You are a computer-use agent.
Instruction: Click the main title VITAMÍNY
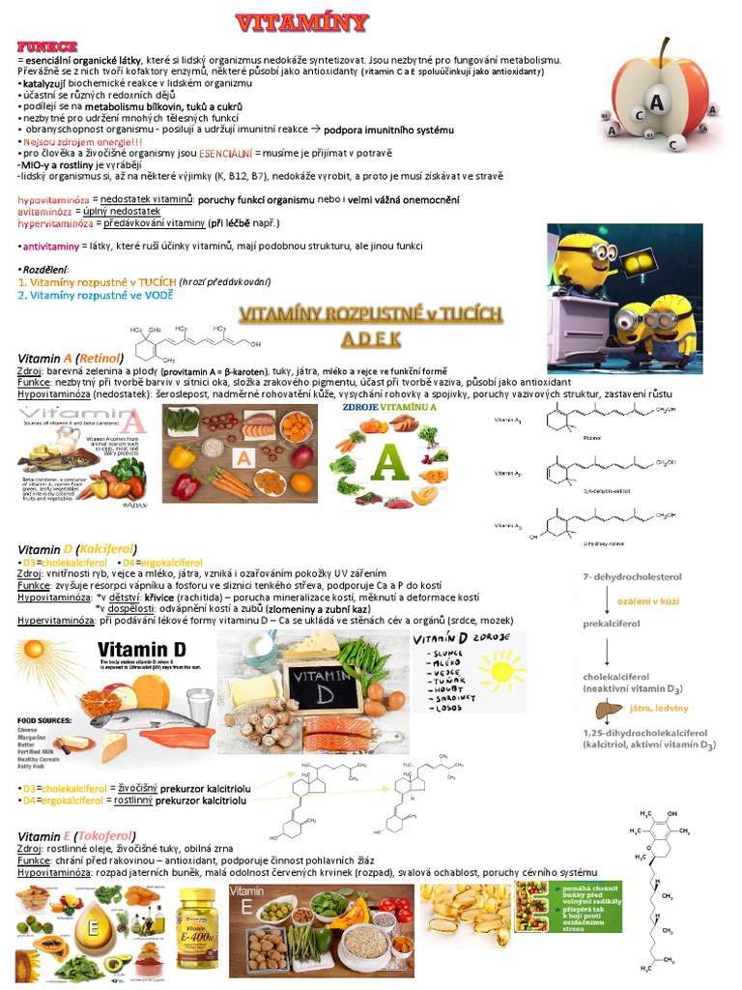click(302, 22)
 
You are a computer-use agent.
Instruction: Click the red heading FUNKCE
click(46, 46)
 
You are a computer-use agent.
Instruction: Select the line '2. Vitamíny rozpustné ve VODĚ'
click(96, 296)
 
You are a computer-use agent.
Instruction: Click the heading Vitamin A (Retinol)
click(73, 358)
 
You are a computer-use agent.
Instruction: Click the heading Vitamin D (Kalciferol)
click(77, 549)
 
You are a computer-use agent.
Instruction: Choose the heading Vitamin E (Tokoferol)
click(77, 836)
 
